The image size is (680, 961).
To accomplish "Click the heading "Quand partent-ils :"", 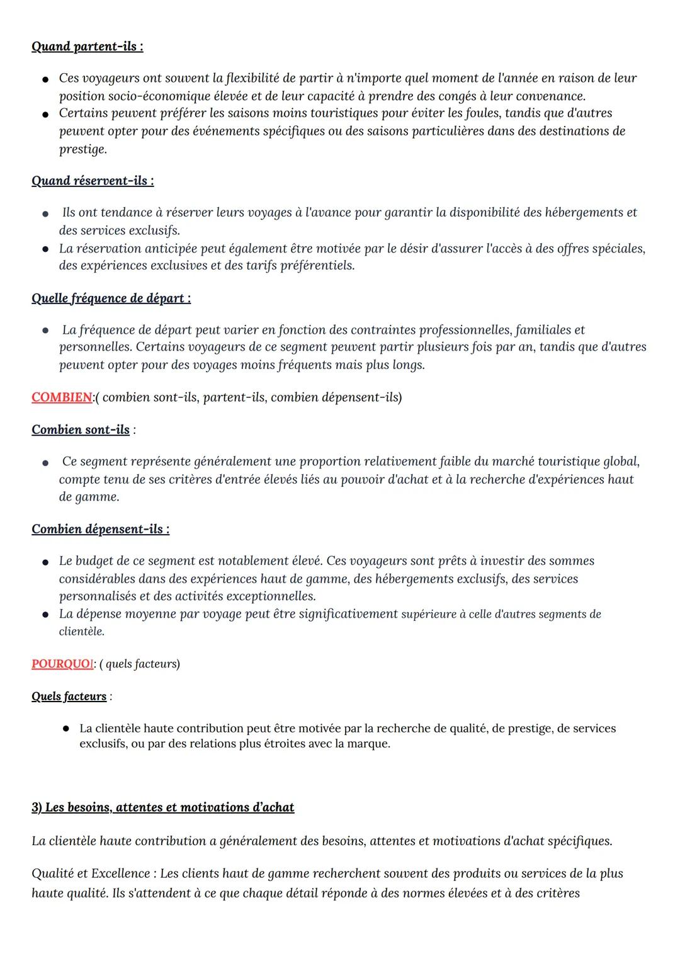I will tap(87, 47).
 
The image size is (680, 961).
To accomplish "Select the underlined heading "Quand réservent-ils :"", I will tap(93, 181).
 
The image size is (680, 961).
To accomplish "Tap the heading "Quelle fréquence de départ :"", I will tap(111, 298).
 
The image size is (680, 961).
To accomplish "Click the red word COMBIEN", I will tap(62, 397).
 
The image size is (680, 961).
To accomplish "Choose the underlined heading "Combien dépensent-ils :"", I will tap(100, 529).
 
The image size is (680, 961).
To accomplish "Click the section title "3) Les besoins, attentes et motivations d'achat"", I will tap(162, 807).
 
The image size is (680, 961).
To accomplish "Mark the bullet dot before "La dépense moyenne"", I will tap(45, 614).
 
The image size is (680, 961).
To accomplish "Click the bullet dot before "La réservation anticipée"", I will tap(45, 249).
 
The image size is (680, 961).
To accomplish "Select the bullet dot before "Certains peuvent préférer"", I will tap(45, 114).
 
